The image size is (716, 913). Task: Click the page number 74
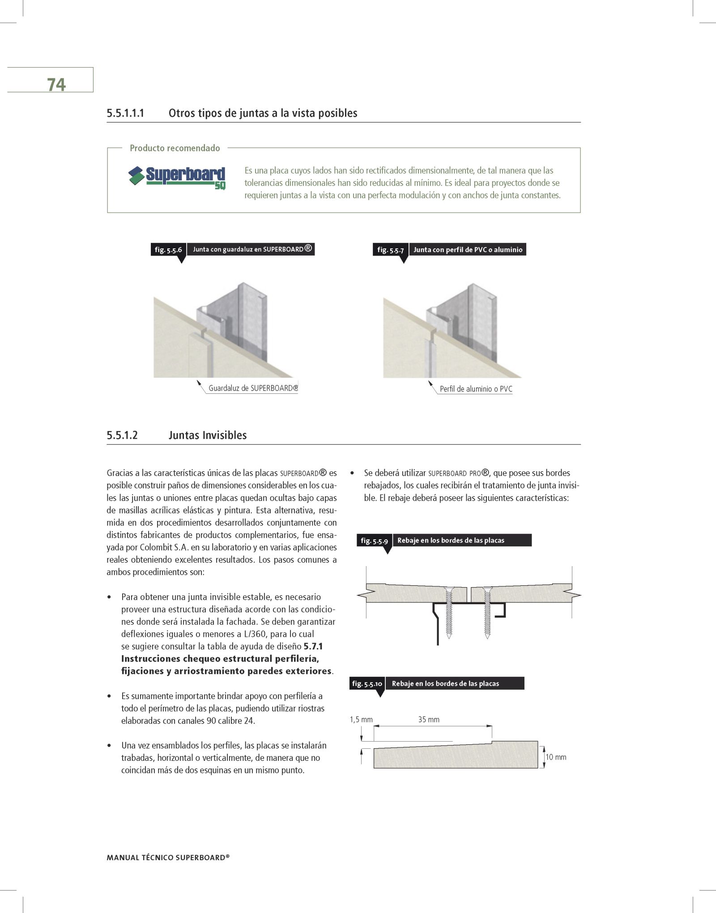pos(56,85)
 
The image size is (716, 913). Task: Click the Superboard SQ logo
pos(177,178)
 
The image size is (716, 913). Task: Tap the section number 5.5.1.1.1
pos(125,113)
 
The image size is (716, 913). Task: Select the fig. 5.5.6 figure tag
pos(168,250)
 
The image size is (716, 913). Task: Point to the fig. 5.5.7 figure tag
pos(390,250)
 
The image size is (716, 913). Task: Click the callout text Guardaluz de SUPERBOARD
pos(253,388)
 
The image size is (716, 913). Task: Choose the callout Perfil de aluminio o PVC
pos(476,389)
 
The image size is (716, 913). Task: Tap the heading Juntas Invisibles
pos(207,435)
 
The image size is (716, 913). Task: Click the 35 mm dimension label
pos(429,720)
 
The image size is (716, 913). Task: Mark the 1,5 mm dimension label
pos(361,720)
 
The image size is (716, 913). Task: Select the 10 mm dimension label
pos(556,757)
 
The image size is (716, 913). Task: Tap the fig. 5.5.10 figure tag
pos(367,683)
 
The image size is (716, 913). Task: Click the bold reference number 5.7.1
pos(313,646)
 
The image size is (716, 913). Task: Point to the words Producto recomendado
pos(175,148)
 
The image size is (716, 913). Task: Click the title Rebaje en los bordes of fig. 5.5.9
pos(451,540)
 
